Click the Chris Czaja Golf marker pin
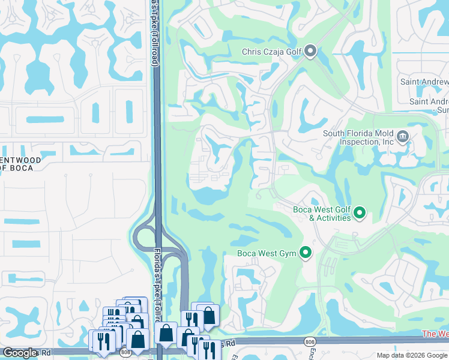(x=310, y=52)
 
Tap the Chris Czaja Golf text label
(x=271, y=52)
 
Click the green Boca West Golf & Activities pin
(x=360, y=213)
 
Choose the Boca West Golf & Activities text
(x=322, y=214)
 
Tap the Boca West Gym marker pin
(x=306, y=253)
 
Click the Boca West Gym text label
(x=267, y=253)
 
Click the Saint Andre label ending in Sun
(x=429, y=106)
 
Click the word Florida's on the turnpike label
(x=158, y=265)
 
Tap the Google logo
(x=20, y=353)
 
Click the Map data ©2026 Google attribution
(x=412, y=355)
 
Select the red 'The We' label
(x=435, y=334)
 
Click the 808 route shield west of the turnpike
(x=125, y=353)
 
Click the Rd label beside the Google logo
(x=46, y=353)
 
